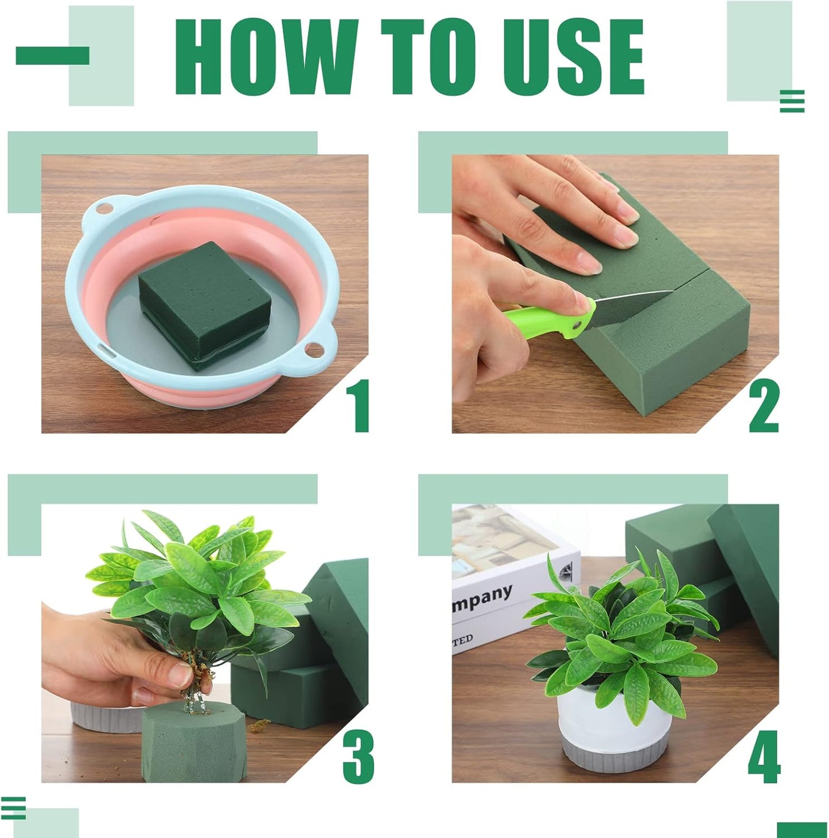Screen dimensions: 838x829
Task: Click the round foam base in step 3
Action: pyautogui.click(x=195, y=746)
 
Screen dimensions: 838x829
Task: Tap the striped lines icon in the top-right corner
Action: pyautogui.click(x=792, y=102)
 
